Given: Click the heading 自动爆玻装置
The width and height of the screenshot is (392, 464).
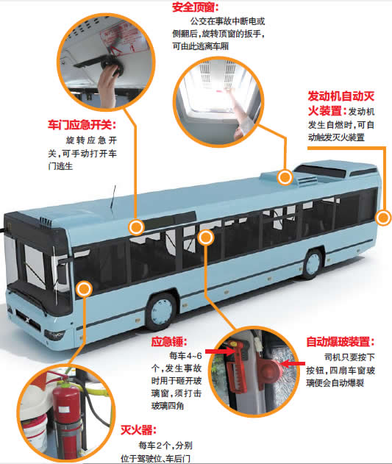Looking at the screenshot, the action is tap(341, 342).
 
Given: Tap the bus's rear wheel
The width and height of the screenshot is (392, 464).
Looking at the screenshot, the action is tap(313, 264).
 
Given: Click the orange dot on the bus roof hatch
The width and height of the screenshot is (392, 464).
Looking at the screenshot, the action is tap(285, 177).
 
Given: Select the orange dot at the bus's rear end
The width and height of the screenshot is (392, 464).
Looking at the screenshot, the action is tap(384, 218).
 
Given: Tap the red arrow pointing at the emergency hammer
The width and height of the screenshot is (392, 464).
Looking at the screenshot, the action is tap(220, 351).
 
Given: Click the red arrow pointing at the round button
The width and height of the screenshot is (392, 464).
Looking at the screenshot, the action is tap(293, 363).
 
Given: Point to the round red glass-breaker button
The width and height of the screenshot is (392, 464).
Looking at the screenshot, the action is tap(270, 368).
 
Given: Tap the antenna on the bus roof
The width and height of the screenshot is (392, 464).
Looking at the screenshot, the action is tap(113, 197).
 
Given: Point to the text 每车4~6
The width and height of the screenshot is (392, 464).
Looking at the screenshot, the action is tap(185, 355).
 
